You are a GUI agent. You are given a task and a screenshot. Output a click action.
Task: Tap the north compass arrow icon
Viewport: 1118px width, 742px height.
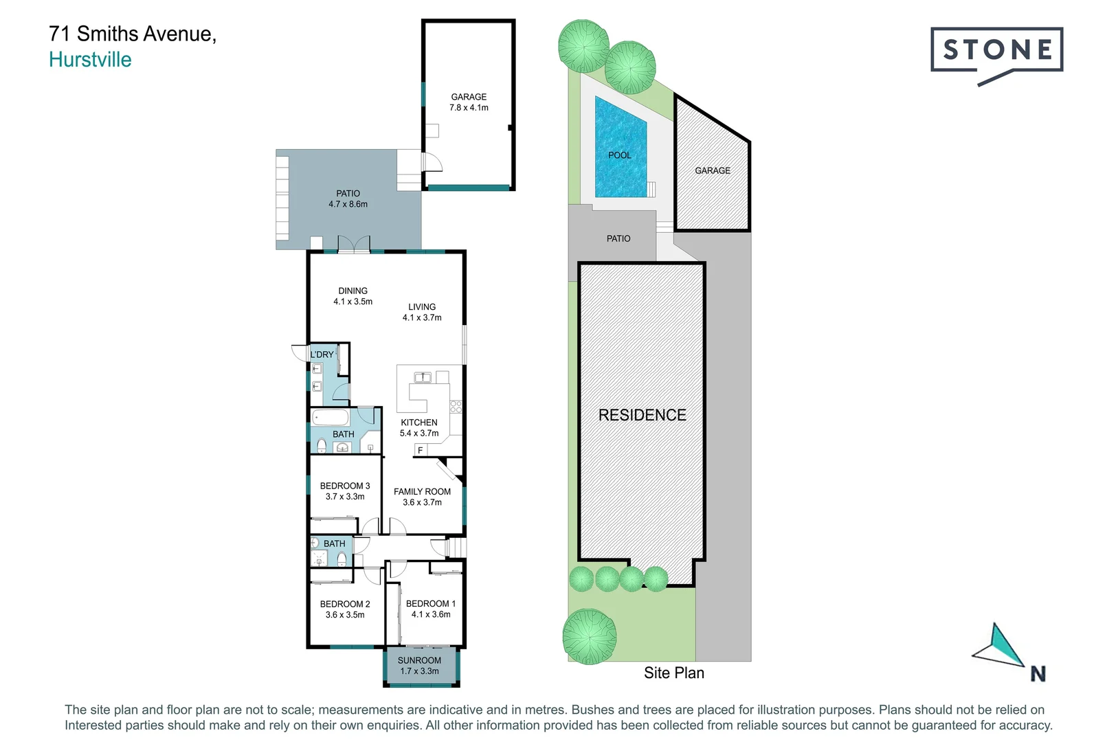pyautogui.click(x=1000, y=646)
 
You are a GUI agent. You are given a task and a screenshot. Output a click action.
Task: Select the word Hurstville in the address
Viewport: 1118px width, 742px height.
pyautogui.click(x=90, y=60)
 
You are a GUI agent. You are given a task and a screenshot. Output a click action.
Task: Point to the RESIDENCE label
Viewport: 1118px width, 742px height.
pyautogui.click(x=642, y=415)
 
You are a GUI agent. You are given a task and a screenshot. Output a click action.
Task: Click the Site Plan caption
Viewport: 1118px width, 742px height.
pyautogui.click(x=673, y=673)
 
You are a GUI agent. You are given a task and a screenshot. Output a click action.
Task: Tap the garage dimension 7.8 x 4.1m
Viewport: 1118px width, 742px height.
pyautogui.click(x=469, y=108)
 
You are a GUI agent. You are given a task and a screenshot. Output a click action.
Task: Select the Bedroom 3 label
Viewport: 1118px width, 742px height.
pyautogui.click(x=345, y=486)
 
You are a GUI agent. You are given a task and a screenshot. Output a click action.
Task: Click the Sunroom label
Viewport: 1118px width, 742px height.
pyautogui.click(x=419, y=660)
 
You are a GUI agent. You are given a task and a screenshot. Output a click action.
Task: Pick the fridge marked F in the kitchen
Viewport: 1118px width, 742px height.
pyautogui.click(x=421, y=450)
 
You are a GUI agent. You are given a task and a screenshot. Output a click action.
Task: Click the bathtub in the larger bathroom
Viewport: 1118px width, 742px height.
pyautogui.click(x=331, y=418)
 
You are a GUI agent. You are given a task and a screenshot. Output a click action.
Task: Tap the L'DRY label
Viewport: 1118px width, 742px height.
pyautogui.click(x=322, y=355)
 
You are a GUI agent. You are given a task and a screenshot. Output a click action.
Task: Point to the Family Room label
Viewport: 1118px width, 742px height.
pyautogui.click(x=422, y=491)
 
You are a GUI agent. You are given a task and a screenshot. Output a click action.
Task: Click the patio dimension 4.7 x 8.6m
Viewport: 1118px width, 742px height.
pyautogui.click(x=348, y=204)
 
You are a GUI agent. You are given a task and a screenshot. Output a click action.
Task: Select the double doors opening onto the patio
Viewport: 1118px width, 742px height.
pyautogui.click(x=354, y=244)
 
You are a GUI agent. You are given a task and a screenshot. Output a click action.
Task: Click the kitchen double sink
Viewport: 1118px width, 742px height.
pyautogui.click(x=422, y=376)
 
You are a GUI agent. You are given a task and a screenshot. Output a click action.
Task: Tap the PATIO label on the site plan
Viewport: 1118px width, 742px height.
pyautogui.click(x=618, y=238)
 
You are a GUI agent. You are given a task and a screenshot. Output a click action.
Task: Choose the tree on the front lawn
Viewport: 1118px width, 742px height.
pyautogui.click(x=589, y=637)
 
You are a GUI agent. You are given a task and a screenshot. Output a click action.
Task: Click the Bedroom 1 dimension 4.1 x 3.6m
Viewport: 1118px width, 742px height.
pyautogui.click(x=431, y=614)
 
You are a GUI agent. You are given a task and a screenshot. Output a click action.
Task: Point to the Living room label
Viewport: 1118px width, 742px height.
pyautogui.click(x=422, y=307)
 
